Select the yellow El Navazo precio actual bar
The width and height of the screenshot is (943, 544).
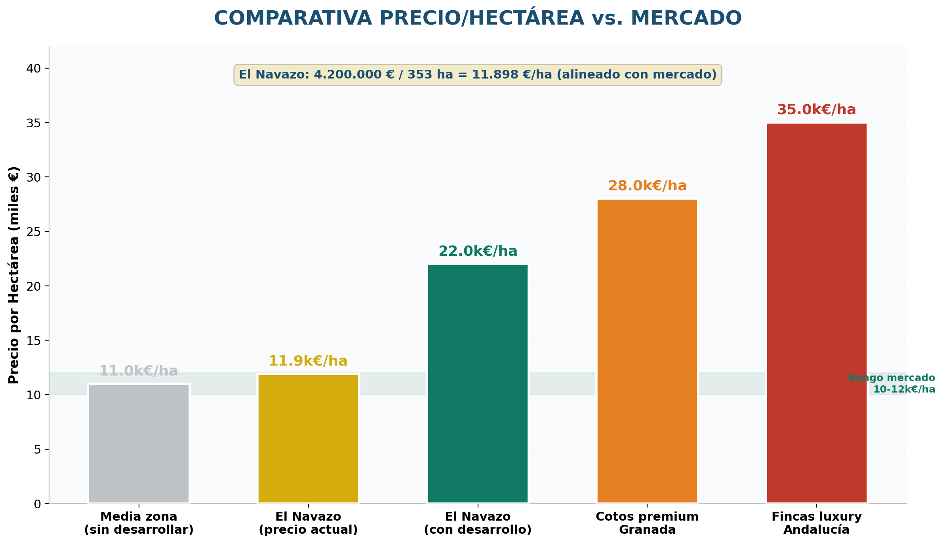click(308, 439)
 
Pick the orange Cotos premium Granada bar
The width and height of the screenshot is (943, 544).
click(647, 351)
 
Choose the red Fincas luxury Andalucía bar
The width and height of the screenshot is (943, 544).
click(817, 313)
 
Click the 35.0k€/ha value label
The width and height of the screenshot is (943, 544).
click(817, 110)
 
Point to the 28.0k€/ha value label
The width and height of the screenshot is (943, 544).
click(647, 186)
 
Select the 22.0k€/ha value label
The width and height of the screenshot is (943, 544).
click(478, 251)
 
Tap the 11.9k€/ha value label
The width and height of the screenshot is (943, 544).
click(308, 361)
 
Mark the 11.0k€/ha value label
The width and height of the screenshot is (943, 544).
click(139, 371)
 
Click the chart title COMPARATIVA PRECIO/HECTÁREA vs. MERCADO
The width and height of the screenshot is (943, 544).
click(478, 18)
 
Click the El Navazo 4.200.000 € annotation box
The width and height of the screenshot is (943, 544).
click(478, 75)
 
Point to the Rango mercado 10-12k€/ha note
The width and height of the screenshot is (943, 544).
click(892, 383)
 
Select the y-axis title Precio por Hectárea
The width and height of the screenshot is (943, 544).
click(14, 275)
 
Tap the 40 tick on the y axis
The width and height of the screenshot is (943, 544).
click(34, 69)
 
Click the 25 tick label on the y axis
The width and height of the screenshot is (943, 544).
click(34, 232)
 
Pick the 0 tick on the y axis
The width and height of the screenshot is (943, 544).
click(38, 504)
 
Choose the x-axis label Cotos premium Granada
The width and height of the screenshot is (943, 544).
click(647, 523)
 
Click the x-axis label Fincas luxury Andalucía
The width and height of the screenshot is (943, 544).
click(817, 523)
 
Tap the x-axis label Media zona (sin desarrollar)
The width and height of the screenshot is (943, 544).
click(139, 523)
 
